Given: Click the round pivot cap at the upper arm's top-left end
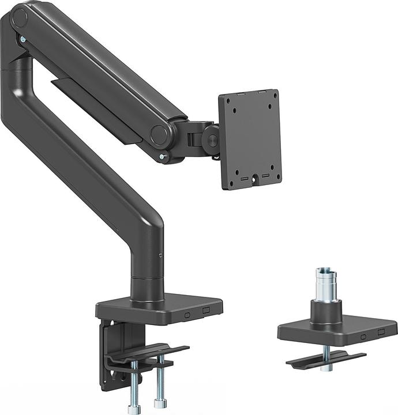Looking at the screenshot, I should pyautogui.click(x=20, y=18).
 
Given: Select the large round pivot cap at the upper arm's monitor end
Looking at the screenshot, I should pyautogui.click(x=160, y=134).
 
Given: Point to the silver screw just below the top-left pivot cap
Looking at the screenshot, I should pyautogui.click(x=22, y=39).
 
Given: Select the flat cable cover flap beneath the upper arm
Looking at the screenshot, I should pyautogui.click(x=98, y=107).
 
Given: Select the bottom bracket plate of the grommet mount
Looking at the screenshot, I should pyautogui.click(x=326, y=359).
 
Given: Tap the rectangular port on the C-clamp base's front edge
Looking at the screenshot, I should pyautogui.click(x=206, y=310).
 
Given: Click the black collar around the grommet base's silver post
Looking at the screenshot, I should pyautogui.click(x=326, y=312).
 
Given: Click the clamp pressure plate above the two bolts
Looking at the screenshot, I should pyautogui.click(x=149, y=354).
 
